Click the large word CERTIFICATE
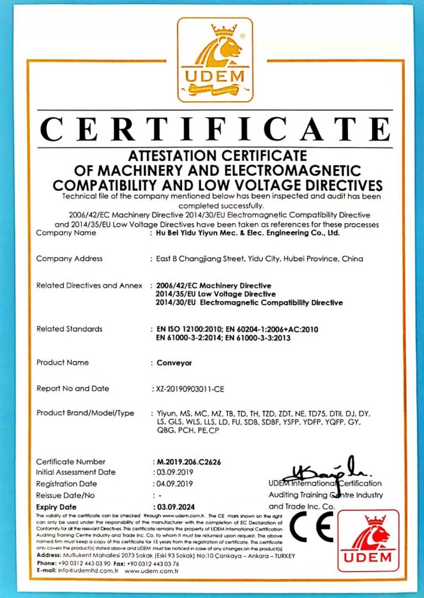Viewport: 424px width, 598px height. point(215,129)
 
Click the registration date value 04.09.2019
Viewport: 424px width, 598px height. point(174,484)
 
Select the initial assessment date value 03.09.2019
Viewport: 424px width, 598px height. point(174,473)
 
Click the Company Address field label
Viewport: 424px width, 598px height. point(69,259)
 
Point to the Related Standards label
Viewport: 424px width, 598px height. point(69,329)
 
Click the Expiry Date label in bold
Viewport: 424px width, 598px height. point(56,507)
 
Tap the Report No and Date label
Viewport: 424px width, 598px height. point(72,389)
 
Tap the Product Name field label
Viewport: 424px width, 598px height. point(62,363)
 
